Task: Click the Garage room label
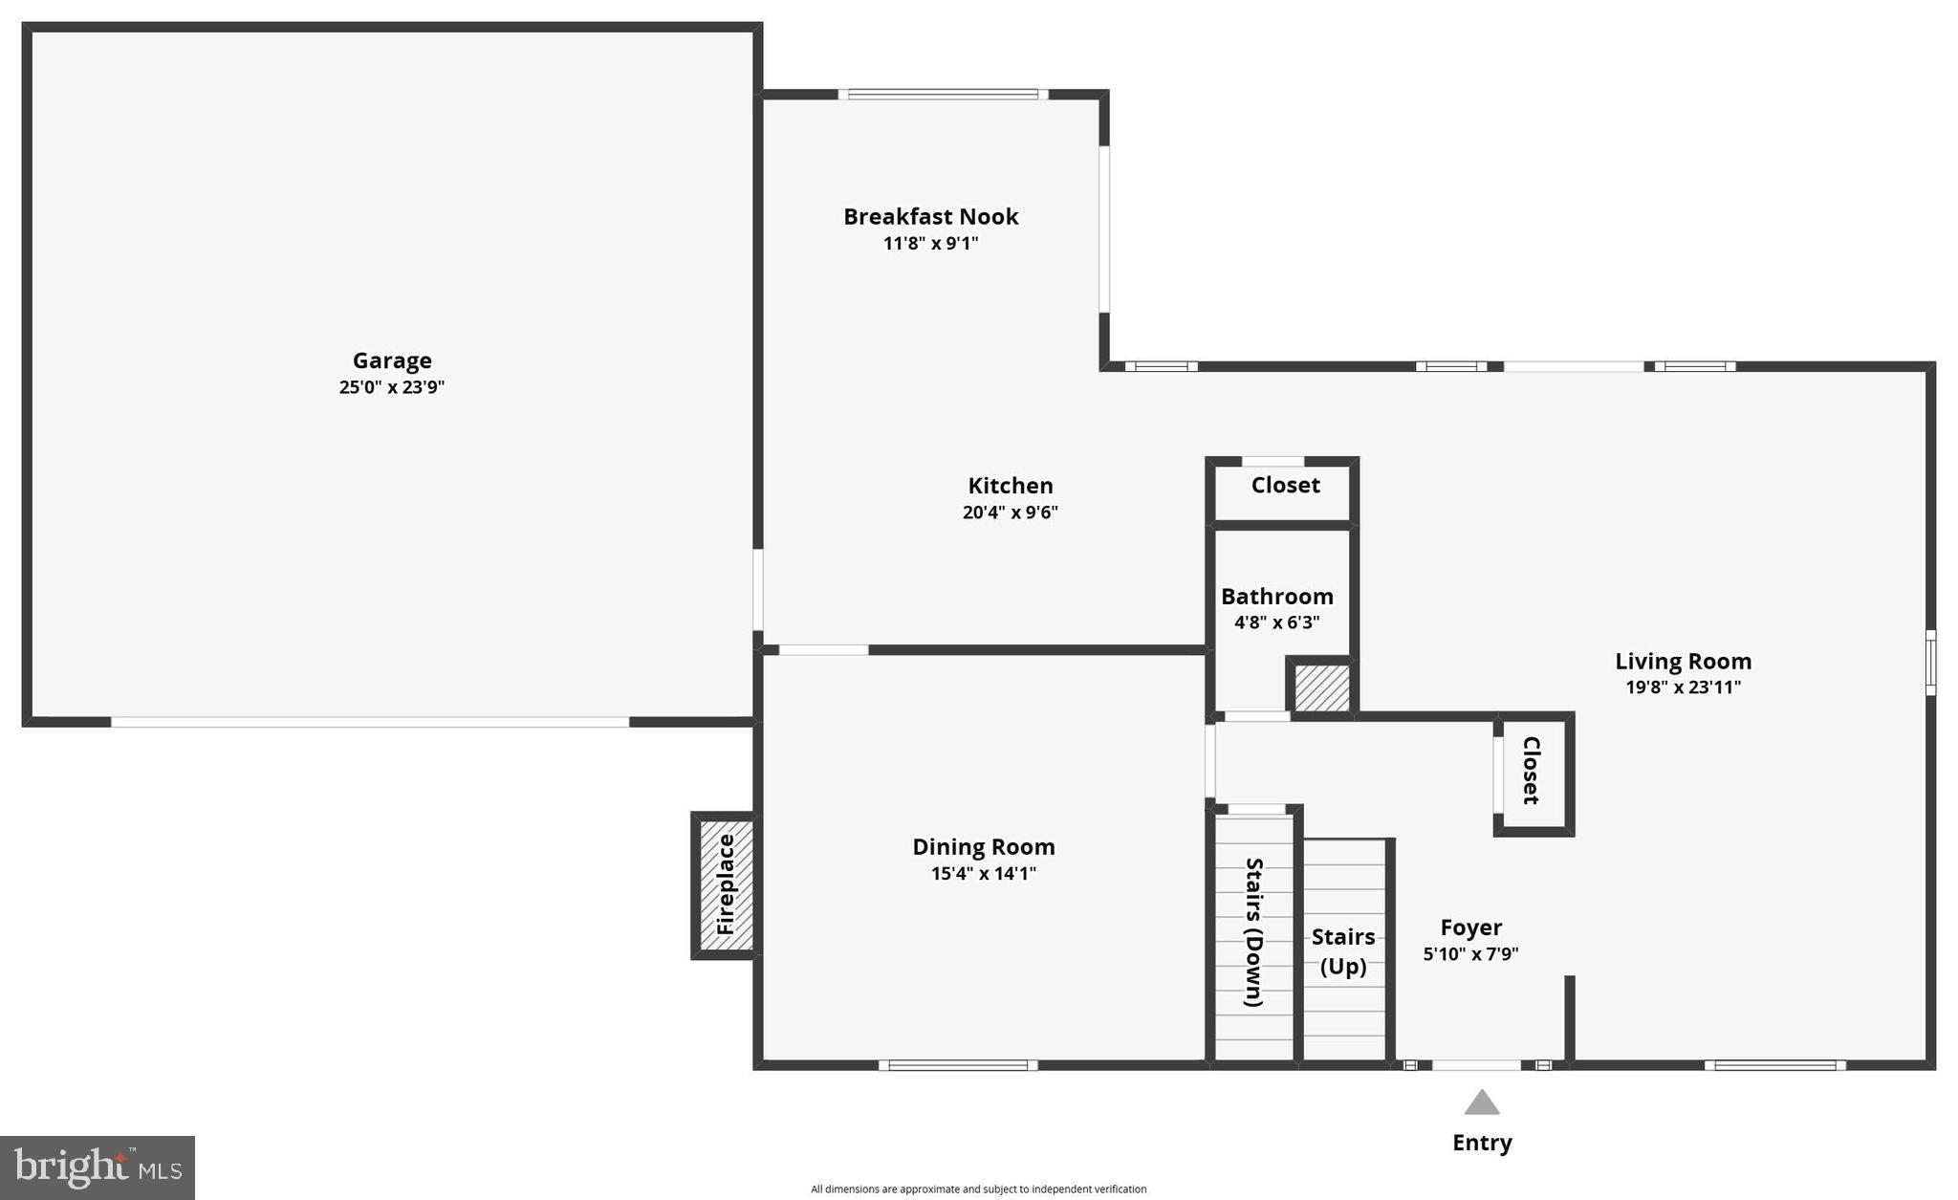[x=392, y=360]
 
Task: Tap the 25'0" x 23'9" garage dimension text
[x=392, y=387]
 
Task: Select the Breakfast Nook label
[x=930, y=217]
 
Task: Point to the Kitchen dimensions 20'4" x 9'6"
[x=1010, y=513]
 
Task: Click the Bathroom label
[x=1276, y=597]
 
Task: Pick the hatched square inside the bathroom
[x=1321, y=687]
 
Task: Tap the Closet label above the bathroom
[x=1285, y=486]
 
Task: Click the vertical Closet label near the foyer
[x=1531, y=770]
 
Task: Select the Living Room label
[x=1683, y=662]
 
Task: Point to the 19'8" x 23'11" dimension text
[x=1683, y=687]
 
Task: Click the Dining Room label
[x=983, y=847]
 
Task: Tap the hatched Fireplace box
[x=726, y=884]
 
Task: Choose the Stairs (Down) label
[x=1253, y=932]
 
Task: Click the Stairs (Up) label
[x=1343, y=951]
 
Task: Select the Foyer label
[x=1470, y=927]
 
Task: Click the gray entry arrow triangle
[x=1482, y=1103]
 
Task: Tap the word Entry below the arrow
[x=1482, y=1143]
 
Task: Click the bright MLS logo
[x=98, y=1167]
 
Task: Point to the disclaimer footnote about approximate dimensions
[x=978, y=1189]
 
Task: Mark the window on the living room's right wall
[x=1930, y=662]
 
